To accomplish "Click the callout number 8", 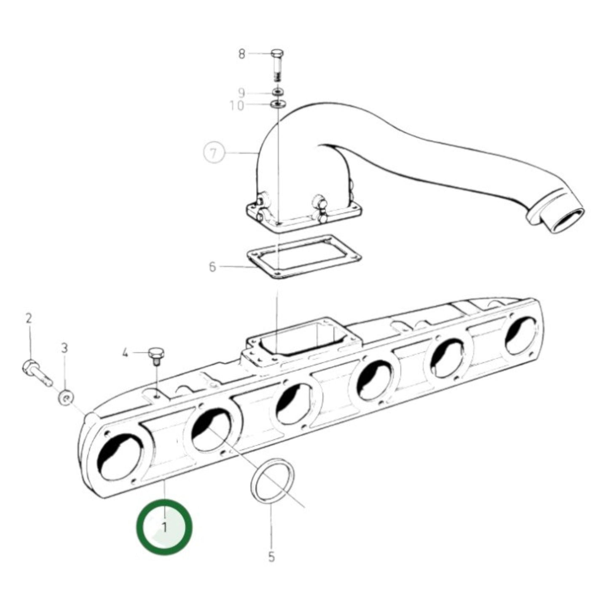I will point(241,54).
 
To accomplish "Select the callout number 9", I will point(241,92).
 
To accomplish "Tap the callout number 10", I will point(237,105).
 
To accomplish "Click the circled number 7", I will point(214,153).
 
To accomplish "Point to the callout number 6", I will point(212,267).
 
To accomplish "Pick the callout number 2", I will point(29,319).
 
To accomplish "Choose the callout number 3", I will point(64,348).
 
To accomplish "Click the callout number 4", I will point(125,352).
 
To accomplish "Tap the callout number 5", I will point(271,557).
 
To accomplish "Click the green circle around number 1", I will point(164,526).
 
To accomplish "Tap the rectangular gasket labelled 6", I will point(303,257).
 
